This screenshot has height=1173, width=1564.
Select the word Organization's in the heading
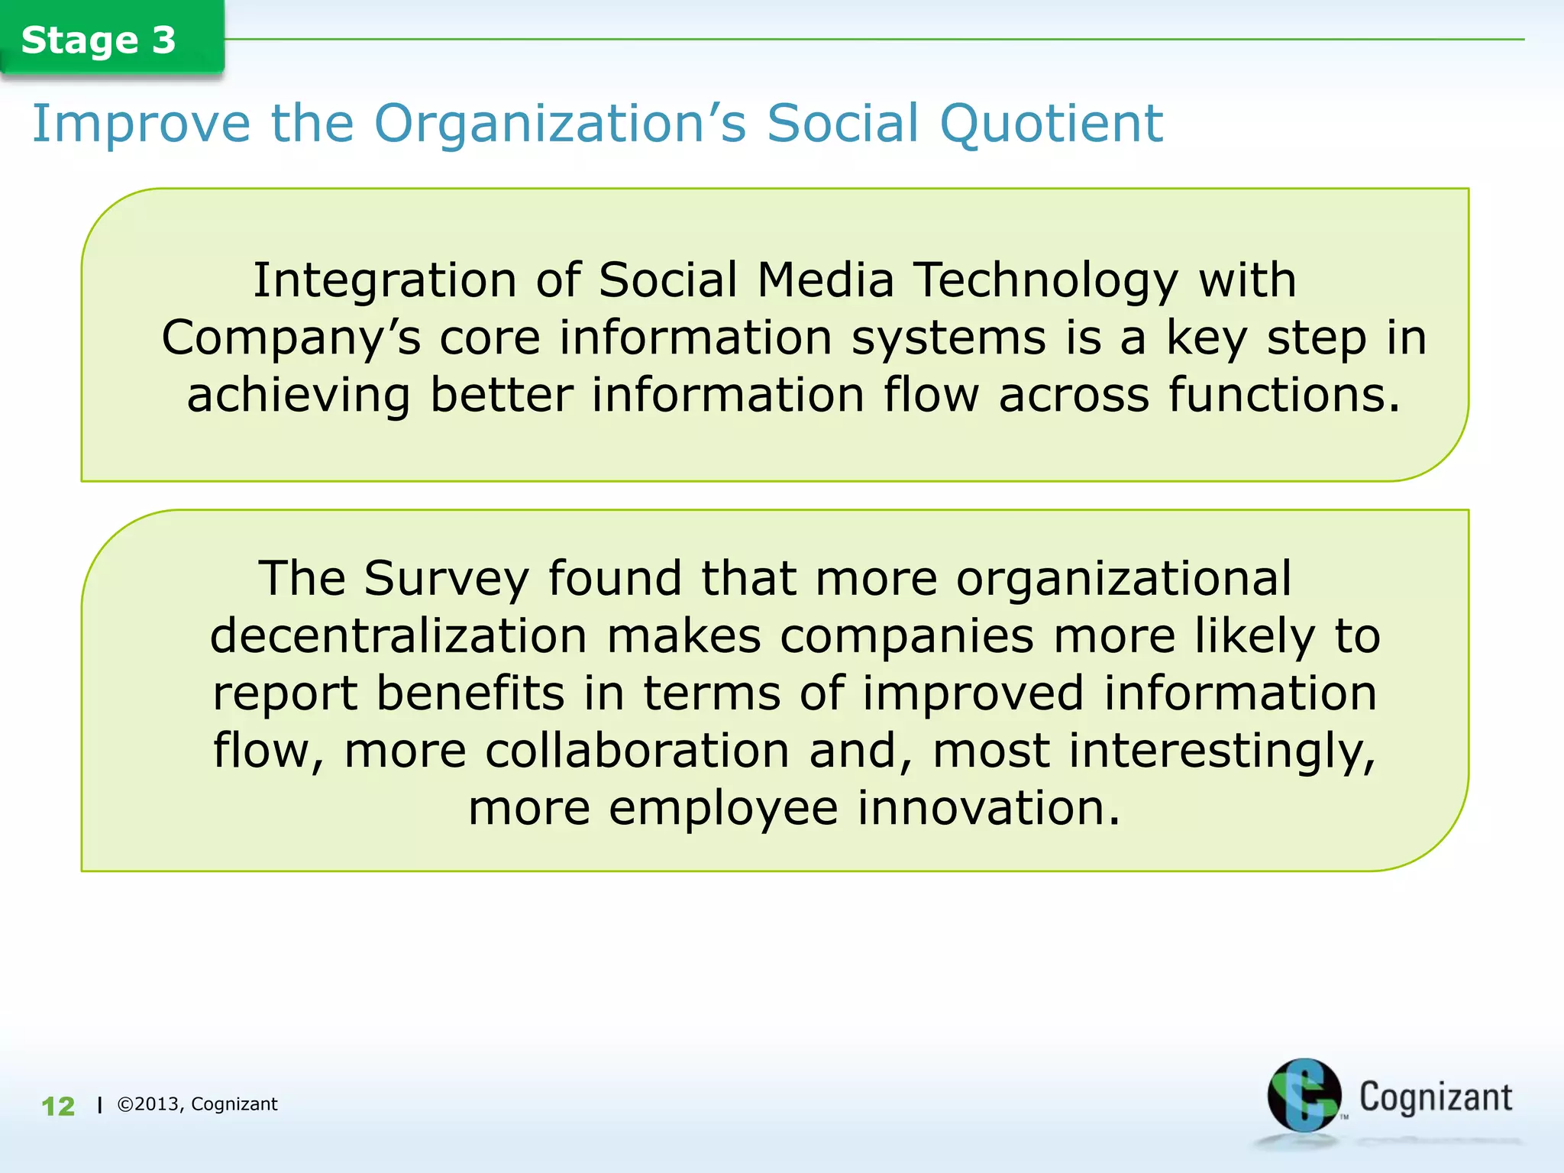click(x=560, y=124)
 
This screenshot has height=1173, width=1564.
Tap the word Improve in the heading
click(x=141, y=124)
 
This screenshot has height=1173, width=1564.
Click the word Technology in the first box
click(x=1045, y=281)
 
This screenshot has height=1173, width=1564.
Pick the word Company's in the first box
click(x=291, y=338)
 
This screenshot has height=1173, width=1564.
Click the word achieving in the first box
click(x=299, y=395)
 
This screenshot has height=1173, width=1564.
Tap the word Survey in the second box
click(x=446, y=579)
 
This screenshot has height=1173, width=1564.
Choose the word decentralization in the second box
click(x=398, y=636)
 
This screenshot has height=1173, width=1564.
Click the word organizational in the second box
click(x=1123, y=579)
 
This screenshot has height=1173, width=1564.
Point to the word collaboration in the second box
click(x=637, y=751)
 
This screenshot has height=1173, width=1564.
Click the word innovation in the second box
click(x=988, y=808)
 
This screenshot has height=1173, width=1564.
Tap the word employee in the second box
click(x=723, y=808)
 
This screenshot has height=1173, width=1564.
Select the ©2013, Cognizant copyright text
click(x=197, y=1104)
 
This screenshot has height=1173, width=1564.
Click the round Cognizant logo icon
click(x=1303, y=1095)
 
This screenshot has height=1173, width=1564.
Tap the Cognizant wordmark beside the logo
click(x=1435, y=1097)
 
